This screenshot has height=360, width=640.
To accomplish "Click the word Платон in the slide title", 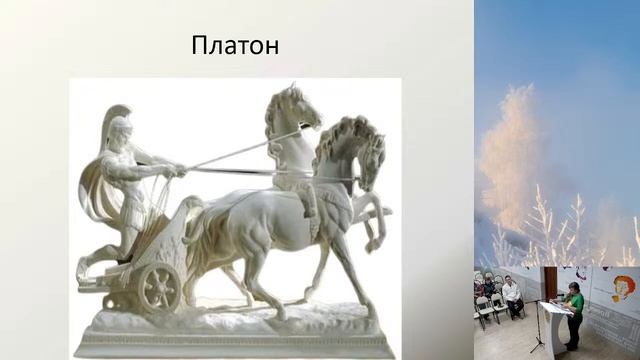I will tap(235, 46).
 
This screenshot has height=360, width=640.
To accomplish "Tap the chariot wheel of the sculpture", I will tap(159, 286).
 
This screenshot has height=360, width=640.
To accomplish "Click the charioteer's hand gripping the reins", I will tap(177, 171).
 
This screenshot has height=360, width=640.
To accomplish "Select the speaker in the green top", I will tap(574, 310).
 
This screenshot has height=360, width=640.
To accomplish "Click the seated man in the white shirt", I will tap(511, 296).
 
